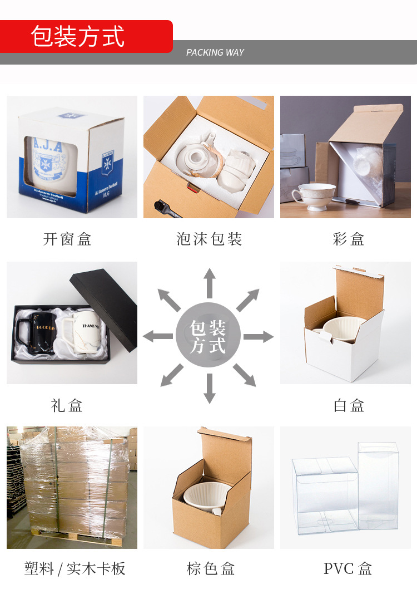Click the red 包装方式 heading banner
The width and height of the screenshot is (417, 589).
click(x=86, y=36)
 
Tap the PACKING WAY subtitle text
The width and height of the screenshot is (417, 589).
click(x=215, y=52)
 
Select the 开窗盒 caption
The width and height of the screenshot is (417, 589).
click(x=67, y=239)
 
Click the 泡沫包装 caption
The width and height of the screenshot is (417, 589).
click(x=209, y=239)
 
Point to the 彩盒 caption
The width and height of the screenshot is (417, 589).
click(x=349, y=239)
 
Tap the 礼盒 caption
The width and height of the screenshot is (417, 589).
click(x=67, y=405)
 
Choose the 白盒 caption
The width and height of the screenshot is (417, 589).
click(x=349, y=405)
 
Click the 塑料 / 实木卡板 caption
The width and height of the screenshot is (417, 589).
click(x=75, y=568)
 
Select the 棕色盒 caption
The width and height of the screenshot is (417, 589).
click(x=211, y=568)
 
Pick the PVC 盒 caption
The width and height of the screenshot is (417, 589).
click(x=348, y=568)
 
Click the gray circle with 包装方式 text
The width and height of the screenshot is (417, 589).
click(x=209, y=336)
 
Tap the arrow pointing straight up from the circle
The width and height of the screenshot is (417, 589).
click(x=209, y=282)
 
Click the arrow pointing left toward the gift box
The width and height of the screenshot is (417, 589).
click(x=158, y=336)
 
